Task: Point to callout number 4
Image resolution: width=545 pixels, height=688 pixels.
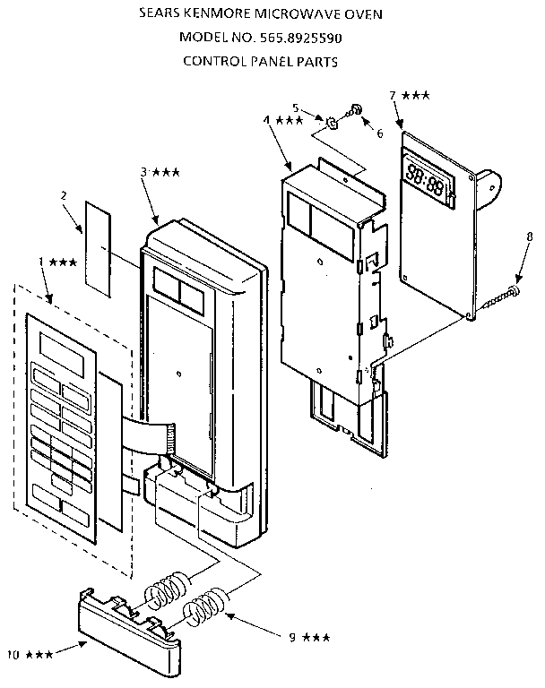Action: [267, 119]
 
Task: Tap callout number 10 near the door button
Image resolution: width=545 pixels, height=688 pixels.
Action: [13, 656]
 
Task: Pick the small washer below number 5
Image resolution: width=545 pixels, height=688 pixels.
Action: [331, 121]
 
